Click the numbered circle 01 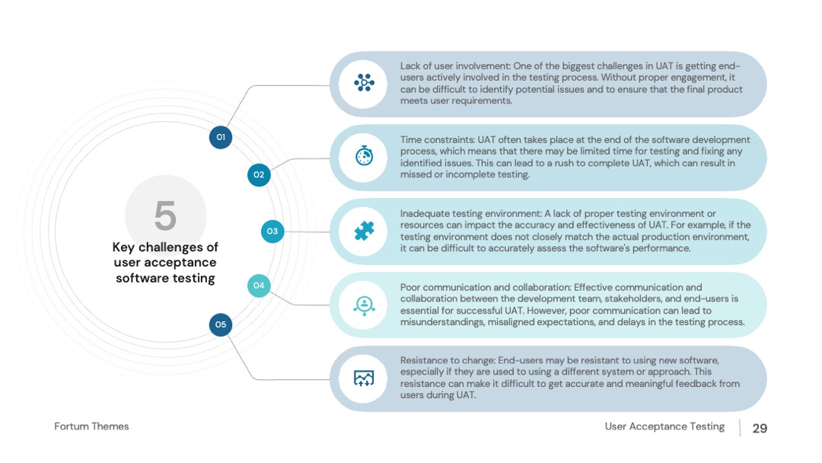click(x=221, y=137)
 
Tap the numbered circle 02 click(x=259, y=174)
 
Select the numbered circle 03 click(x=272, y=231)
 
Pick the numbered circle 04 click(x=259, y=286)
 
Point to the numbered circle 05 click(x=221, y=324)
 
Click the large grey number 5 click(x=165, y=216)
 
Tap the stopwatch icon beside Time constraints click(x=364, y=156)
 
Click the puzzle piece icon click(x=364, y=231)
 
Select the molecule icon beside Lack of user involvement click(x=364, y=83)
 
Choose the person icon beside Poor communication click(x=364, y=305)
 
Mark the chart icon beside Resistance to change click(x=364, y=378)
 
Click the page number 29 click(x=760, y=429)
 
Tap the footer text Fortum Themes click(x=91, y=426)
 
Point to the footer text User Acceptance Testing click(x=664, y=426)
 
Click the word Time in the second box click(x=410, y=140)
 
